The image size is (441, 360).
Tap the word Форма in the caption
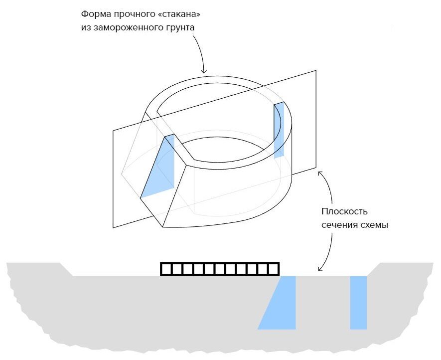click(x=96, y=14)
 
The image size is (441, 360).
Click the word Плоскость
click(x=344, y=211)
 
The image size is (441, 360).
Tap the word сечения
click(x=337, y=225)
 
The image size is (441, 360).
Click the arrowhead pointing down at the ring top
click(x=204, y=71)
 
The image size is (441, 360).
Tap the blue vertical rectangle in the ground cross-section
click(x=358, y=303)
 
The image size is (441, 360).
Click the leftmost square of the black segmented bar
click(x=166, y=269)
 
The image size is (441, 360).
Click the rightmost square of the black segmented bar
click(x=274, y=269)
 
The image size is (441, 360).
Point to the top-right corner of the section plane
click(x=316, y=71)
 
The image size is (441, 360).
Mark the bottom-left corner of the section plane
click(x=113, y=227)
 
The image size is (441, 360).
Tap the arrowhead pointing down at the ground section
click(x=320, y=269)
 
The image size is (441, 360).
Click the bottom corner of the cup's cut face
click(x=162, y=226)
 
